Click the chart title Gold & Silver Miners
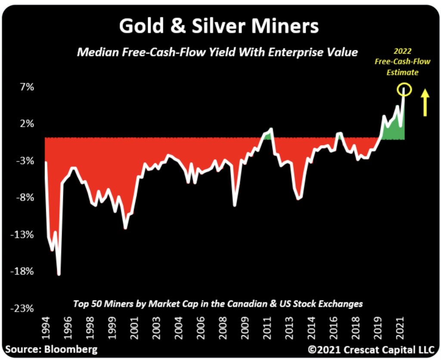coord(219,26)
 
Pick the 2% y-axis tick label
coord(26,124)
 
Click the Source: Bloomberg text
coord(51,349)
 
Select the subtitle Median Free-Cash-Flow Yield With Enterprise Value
coord(217,53)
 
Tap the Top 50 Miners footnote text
coord(218,304)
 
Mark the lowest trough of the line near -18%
coord(59,274)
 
